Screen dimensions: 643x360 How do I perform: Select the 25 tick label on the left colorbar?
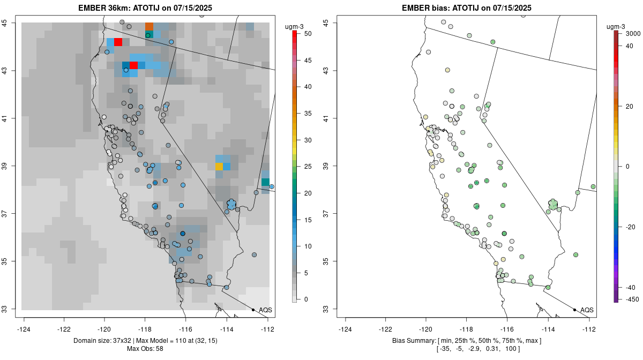click(308, 167)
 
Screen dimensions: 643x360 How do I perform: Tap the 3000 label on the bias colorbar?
click(633, 34)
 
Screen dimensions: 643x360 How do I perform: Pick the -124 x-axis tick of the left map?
click(24, 329)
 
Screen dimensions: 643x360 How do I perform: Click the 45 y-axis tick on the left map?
click(5, 23)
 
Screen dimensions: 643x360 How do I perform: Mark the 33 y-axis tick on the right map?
click(327, 309)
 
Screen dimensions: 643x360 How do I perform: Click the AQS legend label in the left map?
click(265, 310)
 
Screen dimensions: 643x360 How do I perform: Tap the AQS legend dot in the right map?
click(574, 310)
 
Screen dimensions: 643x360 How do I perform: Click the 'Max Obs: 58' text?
click(145, 349)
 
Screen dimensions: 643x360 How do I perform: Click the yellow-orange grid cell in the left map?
click(219, 167)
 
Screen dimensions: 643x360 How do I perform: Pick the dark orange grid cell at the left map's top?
click(149, 27)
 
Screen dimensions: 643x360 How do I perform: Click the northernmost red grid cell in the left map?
click(118, 42)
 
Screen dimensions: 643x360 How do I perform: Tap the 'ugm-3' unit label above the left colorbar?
click(294, 27)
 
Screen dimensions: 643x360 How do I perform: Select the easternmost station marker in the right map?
click(593, 186)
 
